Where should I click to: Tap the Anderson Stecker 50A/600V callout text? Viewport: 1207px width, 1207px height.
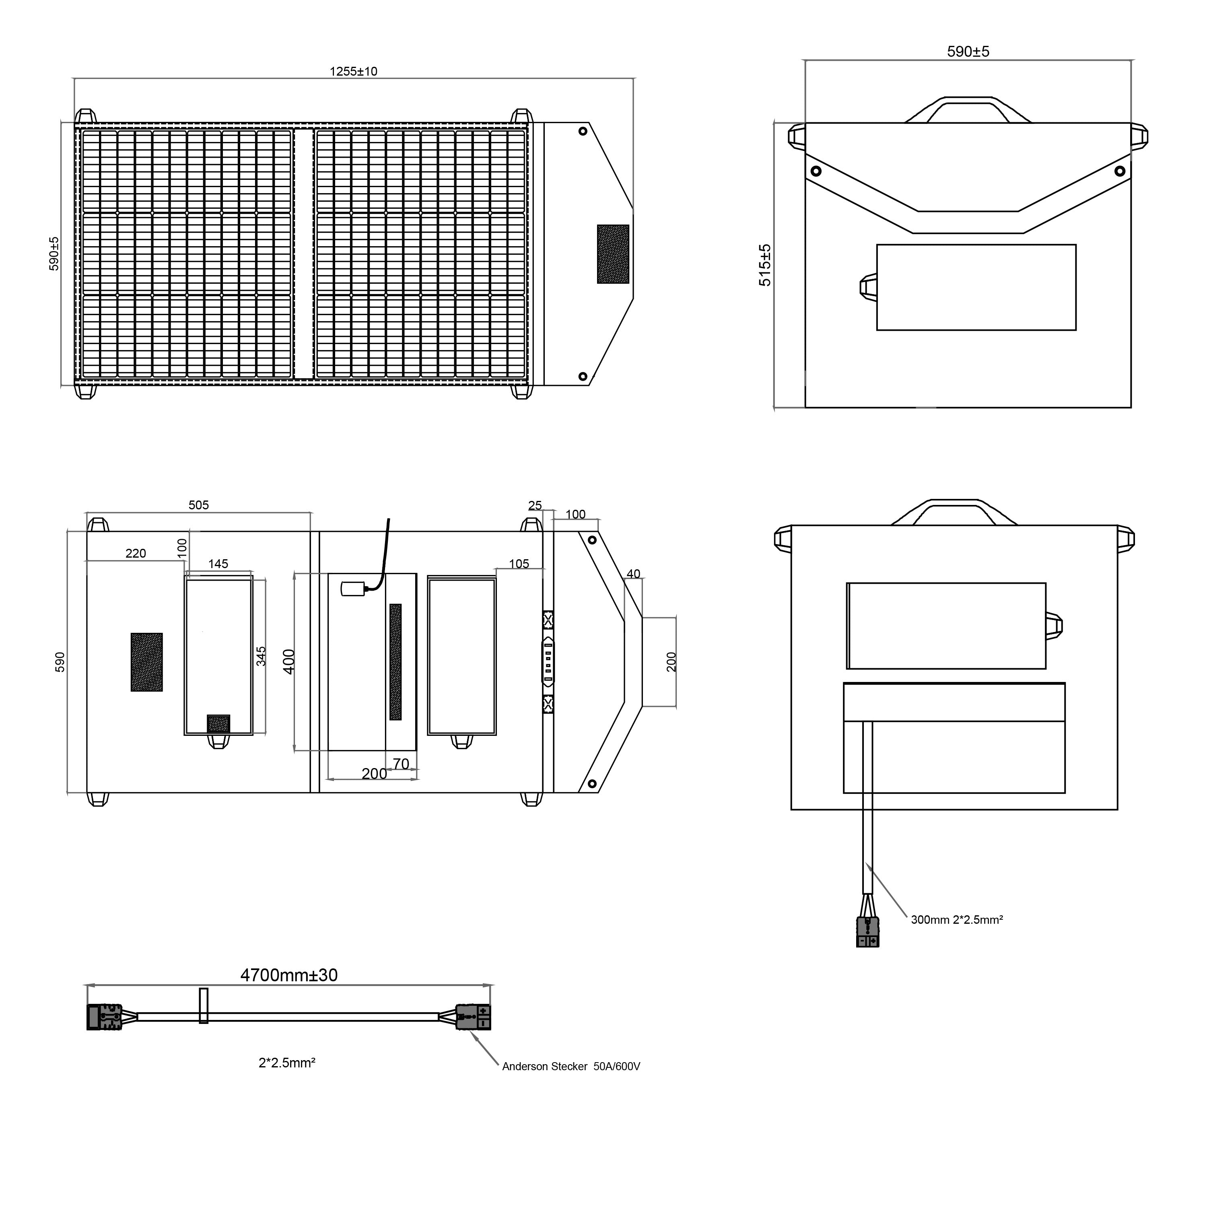[571, 1067]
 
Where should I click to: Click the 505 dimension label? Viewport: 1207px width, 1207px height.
[199, 505]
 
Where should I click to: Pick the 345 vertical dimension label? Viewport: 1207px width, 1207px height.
[261, 656]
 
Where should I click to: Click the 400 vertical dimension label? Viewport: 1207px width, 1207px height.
[288, 661]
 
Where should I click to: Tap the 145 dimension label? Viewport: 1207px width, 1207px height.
[218, 564]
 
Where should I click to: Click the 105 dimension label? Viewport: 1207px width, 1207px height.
[519, 564]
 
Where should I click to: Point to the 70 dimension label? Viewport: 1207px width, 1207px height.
[401, 764]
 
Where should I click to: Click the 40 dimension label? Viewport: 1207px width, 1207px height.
[633, 573]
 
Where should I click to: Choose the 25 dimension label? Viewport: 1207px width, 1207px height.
[535, 505]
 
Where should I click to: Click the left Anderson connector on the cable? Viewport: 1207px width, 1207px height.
[104, 1017]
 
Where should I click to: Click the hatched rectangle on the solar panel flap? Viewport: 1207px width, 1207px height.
[613, 253]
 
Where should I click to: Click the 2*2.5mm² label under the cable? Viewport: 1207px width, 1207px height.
[287, 1063]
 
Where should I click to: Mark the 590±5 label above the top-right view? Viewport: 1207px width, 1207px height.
[968, 51]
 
